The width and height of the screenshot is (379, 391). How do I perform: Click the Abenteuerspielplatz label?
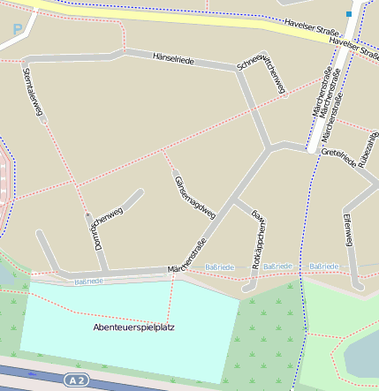click(133, 327)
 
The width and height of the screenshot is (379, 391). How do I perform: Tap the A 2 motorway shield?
click(77, 380)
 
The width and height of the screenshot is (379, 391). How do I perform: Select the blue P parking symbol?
click(17, 30)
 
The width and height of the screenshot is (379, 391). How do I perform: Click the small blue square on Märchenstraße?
click(349, 14)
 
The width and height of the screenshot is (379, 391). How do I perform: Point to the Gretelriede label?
click(338, 158)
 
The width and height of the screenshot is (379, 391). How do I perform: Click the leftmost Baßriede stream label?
click(88, 281)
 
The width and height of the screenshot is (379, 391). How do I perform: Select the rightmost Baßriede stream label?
click(323, 266)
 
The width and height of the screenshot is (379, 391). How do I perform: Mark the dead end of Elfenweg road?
click(358, 286)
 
